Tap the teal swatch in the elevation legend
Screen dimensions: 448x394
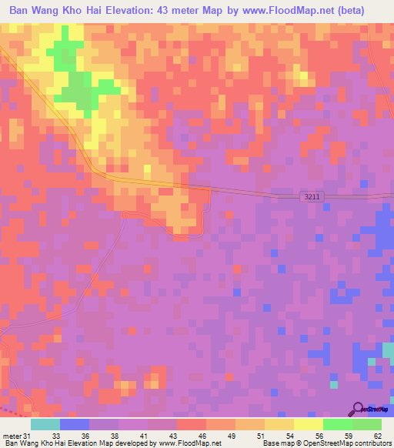45,424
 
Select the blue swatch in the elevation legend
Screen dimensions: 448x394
75,424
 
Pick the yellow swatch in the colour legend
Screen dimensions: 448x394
309,424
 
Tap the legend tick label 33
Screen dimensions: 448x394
56,436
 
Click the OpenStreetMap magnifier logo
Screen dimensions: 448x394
359,409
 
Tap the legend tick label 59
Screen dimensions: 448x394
348,436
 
